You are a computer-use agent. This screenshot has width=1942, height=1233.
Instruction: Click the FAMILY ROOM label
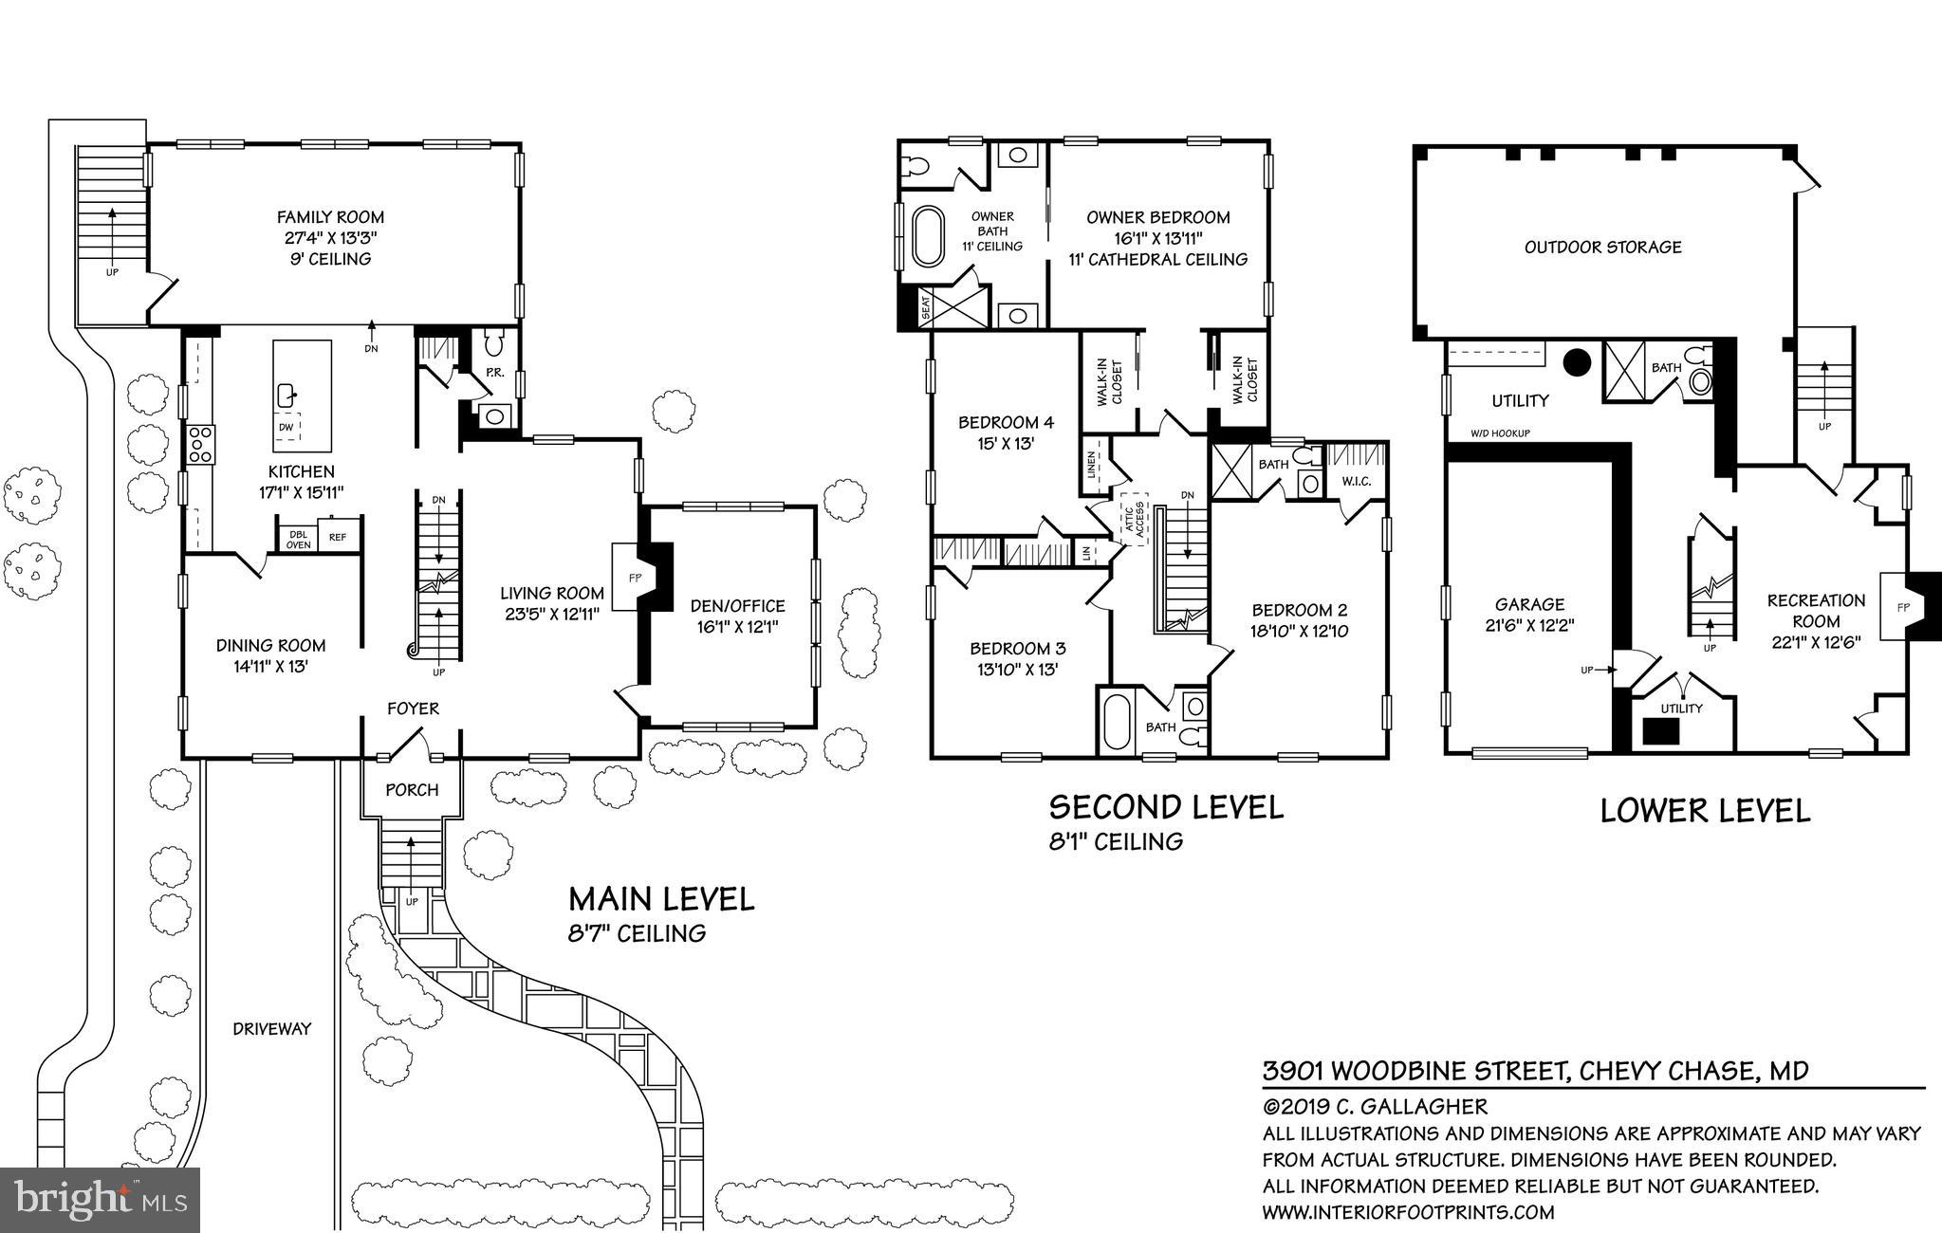click(330, 217)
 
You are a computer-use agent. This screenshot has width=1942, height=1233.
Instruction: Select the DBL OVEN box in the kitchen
click(298, 538)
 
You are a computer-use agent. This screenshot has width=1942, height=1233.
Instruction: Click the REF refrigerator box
click(338, 538)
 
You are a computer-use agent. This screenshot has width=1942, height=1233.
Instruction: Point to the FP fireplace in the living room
click(634, 577)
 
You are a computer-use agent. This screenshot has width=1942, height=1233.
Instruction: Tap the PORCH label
click(412, 789)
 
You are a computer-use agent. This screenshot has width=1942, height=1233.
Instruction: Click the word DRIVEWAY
click(272, 1028)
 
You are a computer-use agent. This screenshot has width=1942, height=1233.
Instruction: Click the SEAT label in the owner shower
click(926, 308)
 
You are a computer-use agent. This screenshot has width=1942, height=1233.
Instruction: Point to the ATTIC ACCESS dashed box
click(1134, 518)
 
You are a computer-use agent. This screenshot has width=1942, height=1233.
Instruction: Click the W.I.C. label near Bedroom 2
click(1356, 482)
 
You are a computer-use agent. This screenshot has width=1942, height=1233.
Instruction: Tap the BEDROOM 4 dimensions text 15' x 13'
click(1006, 443)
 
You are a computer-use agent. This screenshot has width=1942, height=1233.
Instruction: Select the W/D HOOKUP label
click(1501, 433)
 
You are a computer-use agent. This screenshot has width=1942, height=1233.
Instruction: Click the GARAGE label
click(1529, 604)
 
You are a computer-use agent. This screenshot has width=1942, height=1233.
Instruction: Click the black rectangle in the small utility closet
click(1660, 731)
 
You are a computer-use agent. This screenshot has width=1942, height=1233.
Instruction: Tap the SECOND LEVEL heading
click(1166, 807)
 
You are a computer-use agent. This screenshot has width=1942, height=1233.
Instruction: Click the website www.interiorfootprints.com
click(1408, 1212)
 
